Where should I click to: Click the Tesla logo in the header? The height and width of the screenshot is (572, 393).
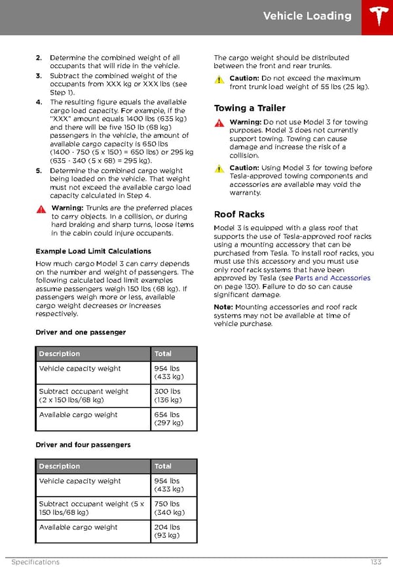tap(377, 17)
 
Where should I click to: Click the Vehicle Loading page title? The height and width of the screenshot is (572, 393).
tap(307, 16)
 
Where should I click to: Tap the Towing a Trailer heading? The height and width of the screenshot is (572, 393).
tap(250, 108)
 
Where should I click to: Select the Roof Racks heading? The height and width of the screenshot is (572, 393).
tap(239, 214)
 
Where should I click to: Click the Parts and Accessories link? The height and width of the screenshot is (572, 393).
tap(333, 278)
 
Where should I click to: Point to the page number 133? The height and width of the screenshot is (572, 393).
tap(375, 562)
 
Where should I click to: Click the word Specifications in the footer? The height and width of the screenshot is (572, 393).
tap(35, 562)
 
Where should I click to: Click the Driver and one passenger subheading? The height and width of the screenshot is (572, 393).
tap(81, 333)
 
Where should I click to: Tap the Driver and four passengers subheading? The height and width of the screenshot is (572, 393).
tap(83, 445)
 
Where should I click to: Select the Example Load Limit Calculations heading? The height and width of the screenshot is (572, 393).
tap(93, 251)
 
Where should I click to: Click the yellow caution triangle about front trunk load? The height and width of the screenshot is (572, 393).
tap(219, 79)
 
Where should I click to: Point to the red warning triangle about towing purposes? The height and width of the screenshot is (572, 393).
tap(219, 123)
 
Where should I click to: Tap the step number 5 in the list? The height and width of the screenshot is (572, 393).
tap(39, 171)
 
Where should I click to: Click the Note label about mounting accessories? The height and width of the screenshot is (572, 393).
tap(223, 307)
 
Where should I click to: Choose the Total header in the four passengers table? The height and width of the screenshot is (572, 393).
tap(163, 466)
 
